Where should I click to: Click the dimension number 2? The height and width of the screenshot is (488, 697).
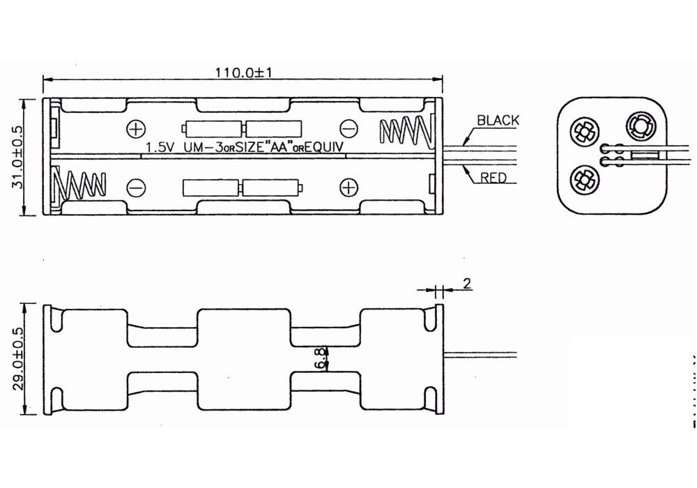[466, 283]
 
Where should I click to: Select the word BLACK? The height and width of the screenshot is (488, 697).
[498, 121]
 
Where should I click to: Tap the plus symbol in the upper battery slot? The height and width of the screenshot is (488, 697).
[137, 129]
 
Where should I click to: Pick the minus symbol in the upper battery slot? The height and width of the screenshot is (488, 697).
[348, 129]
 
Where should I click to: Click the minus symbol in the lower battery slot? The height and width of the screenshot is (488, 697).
[136, 187]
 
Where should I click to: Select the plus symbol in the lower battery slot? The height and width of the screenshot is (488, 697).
[348, 187]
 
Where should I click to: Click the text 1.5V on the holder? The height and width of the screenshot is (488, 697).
[161, 148]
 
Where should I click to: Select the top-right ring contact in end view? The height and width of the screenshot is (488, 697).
[638, 127]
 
